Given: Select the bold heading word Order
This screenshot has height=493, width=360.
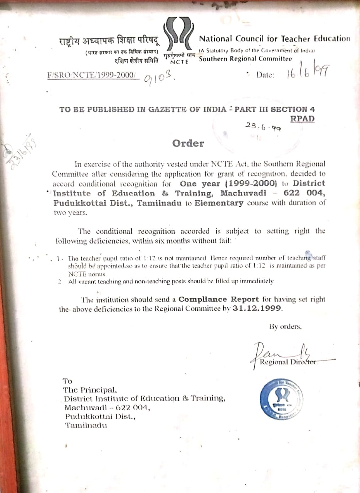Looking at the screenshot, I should point(188,144).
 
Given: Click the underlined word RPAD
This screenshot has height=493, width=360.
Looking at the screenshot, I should point(302,119).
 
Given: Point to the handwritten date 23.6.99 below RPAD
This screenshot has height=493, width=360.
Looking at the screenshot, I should point(263,126).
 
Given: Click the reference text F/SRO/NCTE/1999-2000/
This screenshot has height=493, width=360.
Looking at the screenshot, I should point(92,75).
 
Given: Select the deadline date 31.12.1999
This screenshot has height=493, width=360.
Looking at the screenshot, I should point(257,309).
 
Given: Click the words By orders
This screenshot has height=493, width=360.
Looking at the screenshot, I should point(285,327).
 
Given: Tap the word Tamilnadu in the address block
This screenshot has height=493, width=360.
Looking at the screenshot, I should point(86,425).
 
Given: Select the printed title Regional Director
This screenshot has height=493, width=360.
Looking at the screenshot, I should point(285,362).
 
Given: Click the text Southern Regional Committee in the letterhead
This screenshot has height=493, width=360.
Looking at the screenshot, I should point(246,59).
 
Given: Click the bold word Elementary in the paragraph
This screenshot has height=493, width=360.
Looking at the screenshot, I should point(219,203).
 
